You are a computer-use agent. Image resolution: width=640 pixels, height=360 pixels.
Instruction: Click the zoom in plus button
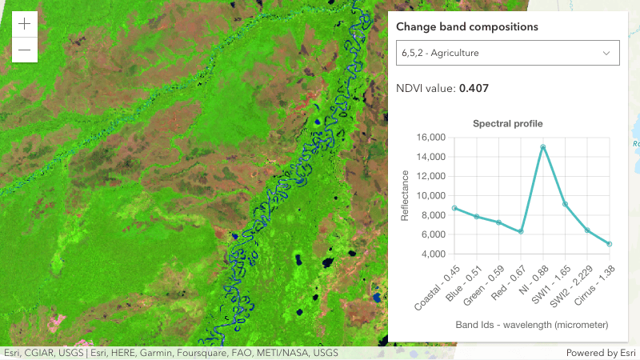[x=25, y=24]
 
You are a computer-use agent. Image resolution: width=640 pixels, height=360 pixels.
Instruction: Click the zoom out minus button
[x=25, y=50]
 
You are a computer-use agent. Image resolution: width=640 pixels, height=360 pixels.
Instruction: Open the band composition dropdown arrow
[x=606, y=54]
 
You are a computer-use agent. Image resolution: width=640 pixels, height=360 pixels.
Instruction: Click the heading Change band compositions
[x=467, y=27]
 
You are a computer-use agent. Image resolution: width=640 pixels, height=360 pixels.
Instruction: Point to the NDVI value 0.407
[x=474, y=88]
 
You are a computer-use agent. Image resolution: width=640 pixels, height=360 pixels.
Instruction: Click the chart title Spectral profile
[x=508, y=124]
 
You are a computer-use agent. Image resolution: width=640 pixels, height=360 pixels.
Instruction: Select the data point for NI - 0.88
[x=543, y=146]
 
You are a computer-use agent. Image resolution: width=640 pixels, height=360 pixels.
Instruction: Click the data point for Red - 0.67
[x=521, y=232]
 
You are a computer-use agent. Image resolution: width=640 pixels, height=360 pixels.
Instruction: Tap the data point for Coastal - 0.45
[x=454, y=208]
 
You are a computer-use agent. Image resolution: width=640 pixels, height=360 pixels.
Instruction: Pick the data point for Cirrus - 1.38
[x=610, y=244]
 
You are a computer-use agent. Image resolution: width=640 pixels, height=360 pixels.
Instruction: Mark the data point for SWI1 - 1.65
[x=566, y=204]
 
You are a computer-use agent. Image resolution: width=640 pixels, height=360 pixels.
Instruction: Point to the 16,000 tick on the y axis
[x=430, y=138]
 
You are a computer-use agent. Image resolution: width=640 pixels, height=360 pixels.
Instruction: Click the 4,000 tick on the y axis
[x=434, y=254]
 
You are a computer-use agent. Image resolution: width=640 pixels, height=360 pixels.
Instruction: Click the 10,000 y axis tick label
[x=430, y=196]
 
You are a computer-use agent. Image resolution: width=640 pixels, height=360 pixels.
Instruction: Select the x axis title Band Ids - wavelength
[x=532, y=326]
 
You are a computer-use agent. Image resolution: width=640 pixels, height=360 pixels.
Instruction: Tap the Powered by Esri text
[x=599, y=353]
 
